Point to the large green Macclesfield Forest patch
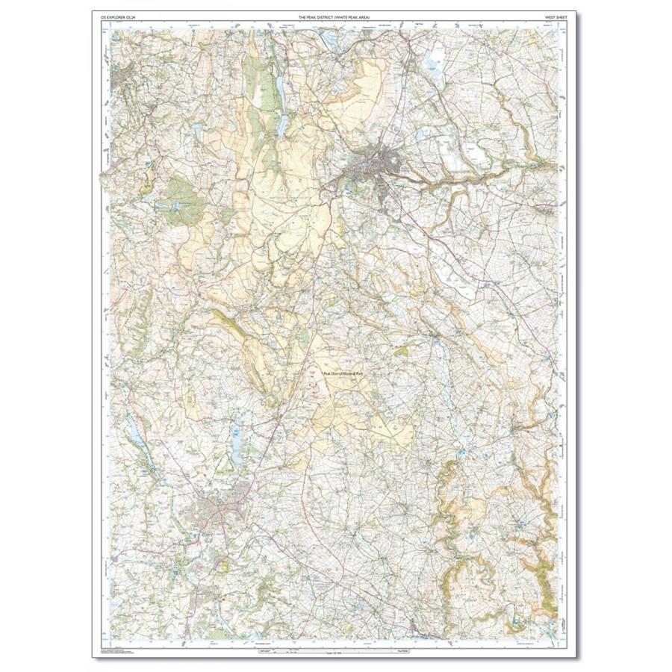point(184,198)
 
